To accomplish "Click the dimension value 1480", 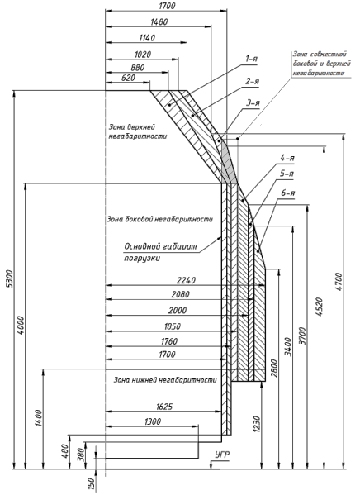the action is coord(159,22).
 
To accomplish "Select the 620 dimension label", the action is coord(128,78).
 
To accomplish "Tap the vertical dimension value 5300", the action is coord(9,278).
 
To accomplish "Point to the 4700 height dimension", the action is coord(339,282).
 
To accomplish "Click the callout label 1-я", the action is coord(251,59).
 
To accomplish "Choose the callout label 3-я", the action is coord(253,103).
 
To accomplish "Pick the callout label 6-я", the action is coord(287,193).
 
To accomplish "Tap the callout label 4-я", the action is coord(287,158).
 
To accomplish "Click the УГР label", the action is coord(222,455).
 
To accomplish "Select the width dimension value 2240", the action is coord(186,280).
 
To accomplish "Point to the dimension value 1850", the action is coord(173,326).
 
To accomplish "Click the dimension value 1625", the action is coord(164,407).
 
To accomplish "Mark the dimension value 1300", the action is coord(153,421).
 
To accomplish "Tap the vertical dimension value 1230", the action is coord(257,425).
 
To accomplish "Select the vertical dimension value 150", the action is coord(91,484).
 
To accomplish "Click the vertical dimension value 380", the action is coord(81,455).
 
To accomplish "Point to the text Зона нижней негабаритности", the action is coord(165,380).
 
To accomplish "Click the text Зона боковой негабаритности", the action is coord(159,219).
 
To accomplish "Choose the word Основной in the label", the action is coord(142,246).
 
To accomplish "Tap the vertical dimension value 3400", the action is coord(287,346).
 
